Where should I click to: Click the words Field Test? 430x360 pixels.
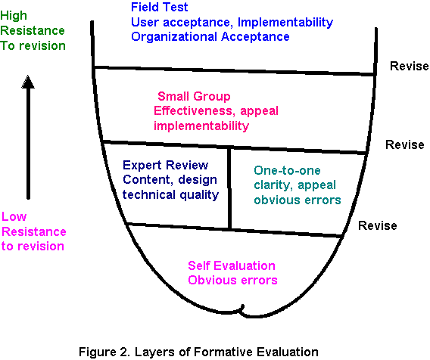(159, 7)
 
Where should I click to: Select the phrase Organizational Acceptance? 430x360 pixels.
(210, 37)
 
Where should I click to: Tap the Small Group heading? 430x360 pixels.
(194, 97)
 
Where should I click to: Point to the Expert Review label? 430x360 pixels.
(165, 165)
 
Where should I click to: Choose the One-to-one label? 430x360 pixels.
(287, 171)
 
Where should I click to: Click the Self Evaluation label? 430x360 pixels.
(232, 265)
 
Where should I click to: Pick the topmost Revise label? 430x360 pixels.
(409, 66)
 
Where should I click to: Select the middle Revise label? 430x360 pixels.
(405, 144)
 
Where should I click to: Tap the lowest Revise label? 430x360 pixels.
(378, 225)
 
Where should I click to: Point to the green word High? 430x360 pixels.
(14, 16)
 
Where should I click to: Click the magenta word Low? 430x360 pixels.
(14, 217)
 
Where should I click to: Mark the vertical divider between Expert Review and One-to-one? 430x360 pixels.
(230, 188)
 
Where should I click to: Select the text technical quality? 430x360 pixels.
(170, 195)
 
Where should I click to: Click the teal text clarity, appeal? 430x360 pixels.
(294, 185)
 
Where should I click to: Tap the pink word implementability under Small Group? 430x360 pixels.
(201, 126)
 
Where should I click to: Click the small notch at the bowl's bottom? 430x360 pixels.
(241, 309)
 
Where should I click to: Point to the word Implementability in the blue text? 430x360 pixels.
(285, 23)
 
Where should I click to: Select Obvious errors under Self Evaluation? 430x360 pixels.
(232, 281)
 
